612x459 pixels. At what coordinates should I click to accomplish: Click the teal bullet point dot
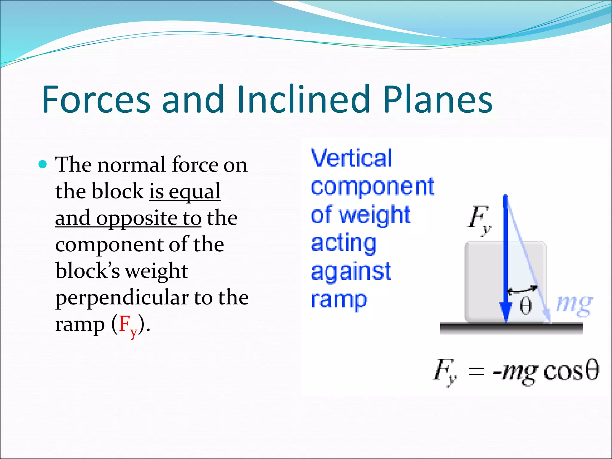coord(43,164)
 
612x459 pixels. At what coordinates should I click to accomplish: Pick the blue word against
coord(351,272)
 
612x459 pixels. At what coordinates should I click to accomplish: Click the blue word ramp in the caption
coord(339,300)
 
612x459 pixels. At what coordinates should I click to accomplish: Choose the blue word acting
coord(343,244)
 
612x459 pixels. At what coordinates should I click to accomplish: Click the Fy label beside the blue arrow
coord(479,219)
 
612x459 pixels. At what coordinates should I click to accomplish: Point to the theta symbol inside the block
coord(525,306)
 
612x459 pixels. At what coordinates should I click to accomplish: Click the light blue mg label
coord(574,305)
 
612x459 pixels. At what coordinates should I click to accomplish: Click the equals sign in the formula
coord(476,372)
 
